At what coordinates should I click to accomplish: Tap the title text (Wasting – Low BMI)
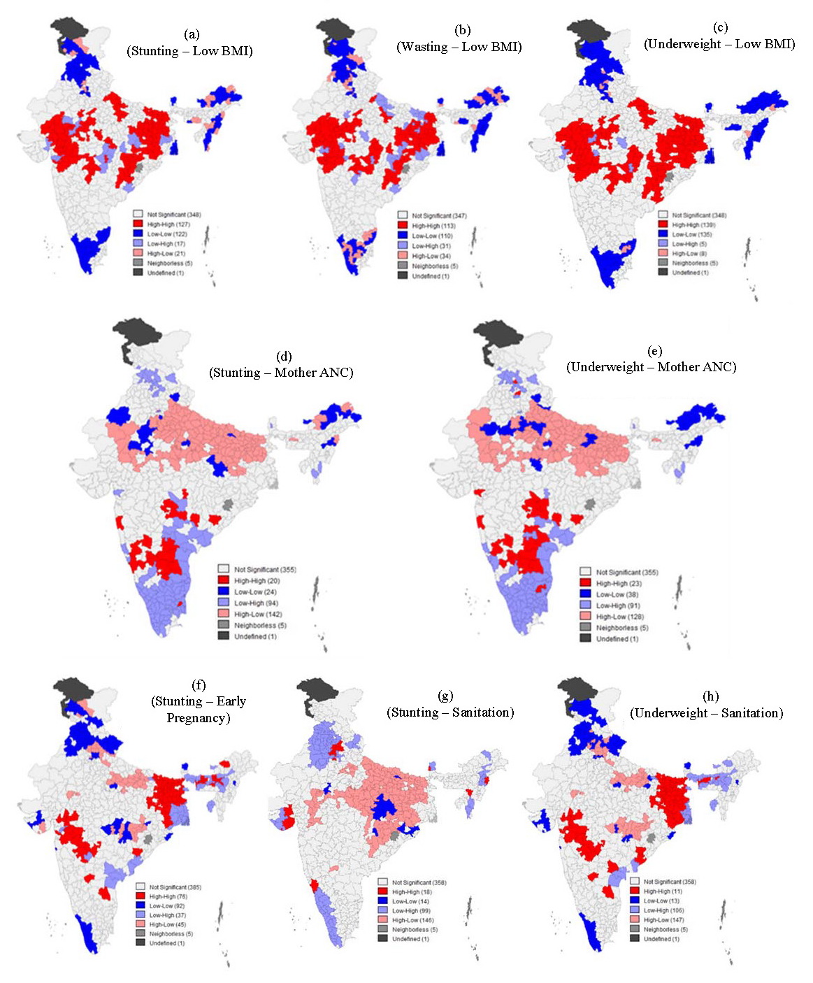coord(459,47)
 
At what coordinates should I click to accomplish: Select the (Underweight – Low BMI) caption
coord(719,43)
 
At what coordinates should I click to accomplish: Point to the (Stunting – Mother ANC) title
coord(281,373)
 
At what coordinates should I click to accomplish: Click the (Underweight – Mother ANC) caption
coord(651,366)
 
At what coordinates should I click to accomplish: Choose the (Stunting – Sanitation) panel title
coord(450,712)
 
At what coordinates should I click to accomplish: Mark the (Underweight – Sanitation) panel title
coord(706,713)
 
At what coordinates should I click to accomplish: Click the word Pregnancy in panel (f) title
coord(199,718)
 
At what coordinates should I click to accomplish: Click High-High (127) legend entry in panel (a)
coord(164,224)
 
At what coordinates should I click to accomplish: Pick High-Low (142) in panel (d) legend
coord(258,615)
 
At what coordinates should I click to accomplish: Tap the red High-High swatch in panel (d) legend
coord(224,580)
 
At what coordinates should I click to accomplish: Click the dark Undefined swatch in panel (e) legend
coord(586,638)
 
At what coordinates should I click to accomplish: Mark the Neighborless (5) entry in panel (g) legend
coord(415,929)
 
